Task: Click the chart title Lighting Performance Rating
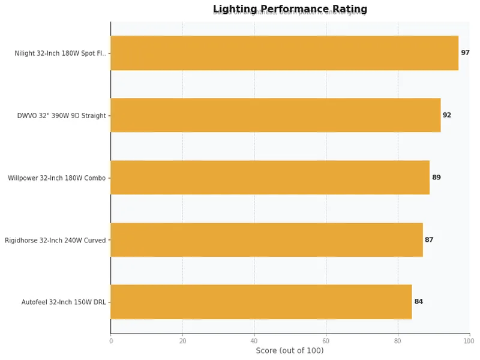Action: (290, 9)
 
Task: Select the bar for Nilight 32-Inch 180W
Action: (284, 53)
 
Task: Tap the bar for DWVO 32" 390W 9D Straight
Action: (275, 115)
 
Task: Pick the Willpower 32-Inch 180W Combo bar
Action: (270, 178)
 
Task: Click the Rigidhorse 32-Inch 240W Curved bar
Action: (266, 240)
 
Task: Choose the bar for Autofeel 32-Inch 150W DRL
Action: (261, 302)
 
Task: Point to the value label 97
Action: (465, 53)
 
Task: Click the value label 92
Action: (447, 115)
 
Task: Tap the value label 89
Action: (436, 178)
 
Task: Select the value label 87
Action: (429, 240)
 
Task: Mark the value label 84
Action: (418, 302)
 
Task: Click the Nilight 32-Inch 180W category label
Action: (60, 53)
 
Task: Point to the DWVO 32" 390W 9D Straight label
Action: (61, 116)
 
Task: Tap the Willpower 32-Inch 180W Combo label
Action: (56, 178)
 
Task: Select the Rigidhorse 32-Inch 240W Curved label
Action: (55, 241)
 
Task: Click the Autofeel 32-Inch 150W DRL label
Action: (64, 302)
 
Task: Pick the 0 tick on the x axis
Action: (111, 341)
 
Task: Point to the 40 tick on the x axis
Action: (254, 341)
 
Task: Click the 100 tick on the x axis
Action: (469, 341)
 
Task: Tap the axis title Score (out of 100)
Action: (290, 350)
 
